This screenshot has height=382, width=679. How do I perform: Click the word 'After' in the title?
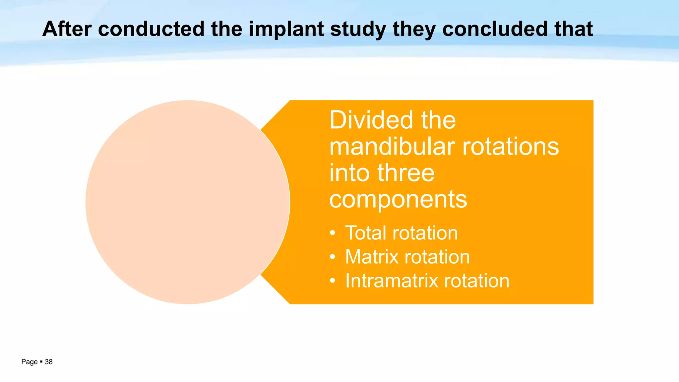click(x=67, y=29)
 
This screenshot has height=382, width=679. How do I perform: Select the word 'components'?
click(x=398, y=200)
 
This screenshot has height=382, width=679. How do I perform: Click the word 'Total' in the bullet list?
click(x=366, y=233)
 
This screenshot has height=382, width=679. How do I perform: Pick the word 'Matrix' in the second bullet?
click(x=372, y=257)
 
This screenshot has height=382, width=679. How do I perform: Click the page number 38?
click(x=49, y=362)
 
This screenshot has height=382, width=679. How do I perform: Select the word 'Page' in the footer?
click(x=29, y=362)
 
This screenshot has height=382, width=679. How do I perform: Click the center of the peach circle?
click(x=188, y=202)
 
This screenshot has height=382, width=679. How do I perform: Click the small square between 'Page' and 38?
click(x=41, y=362)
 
